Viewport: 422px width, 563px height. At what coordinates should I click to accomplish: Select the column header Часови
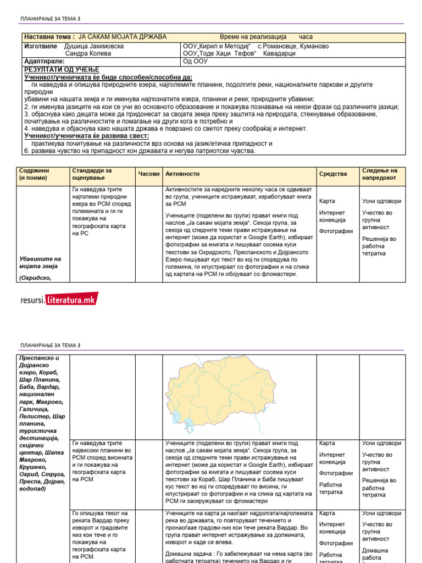coord(148,174)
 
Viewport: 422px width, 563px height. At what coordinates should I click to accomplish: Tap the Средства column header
coord(333,174)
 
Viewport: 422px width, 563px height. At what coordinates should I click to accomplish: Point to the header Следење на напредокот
coord(379,174)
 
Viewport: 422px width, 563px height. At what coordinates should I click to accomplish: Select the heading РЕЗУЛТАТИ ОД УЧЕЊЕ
coord(62,70)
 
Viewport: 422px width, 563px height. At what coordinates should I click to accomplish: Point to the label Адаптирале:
coord(45,62)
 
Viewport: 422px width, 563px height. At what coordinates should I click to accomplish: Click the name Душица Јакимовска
coord(94,46)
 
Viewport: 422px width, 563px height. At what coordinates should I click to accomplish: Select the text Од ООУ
coord(196,62)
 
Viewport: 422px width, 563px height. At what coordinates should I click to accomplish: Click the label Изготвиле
coord(41,46)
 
